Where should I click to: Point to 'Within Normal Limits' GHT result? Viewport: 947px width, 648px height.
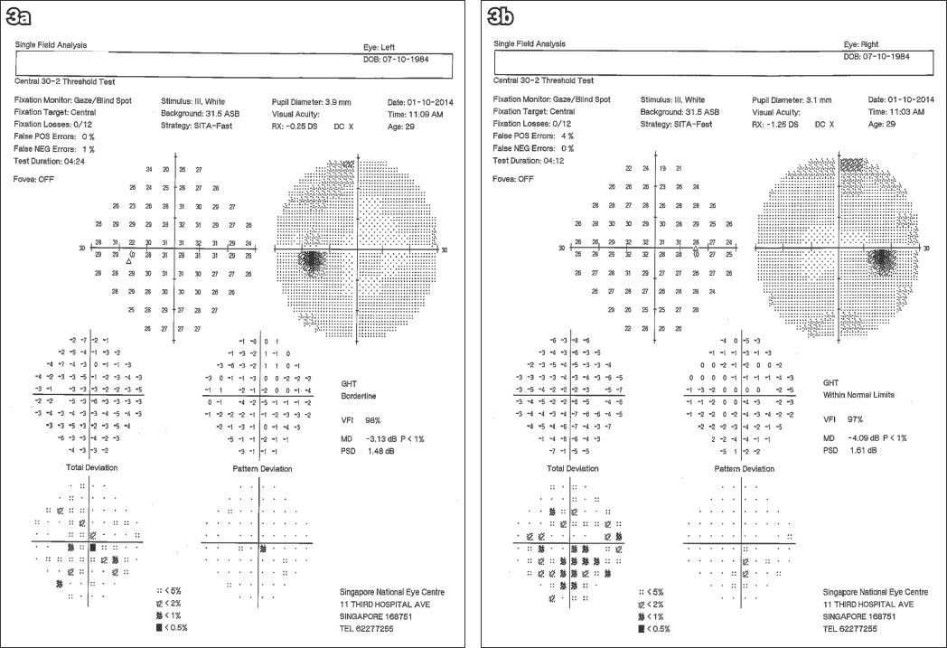click(x=856, y=394)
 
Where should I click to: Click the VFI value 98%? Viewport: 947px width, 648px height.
click(x=372, y=418)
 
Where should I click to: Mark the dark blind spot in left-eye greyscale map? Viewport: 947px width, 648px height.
click(x=313, y=260)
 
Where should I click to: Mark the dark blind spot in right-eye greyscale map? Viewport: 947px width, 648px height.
click(x=881, y=259)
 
